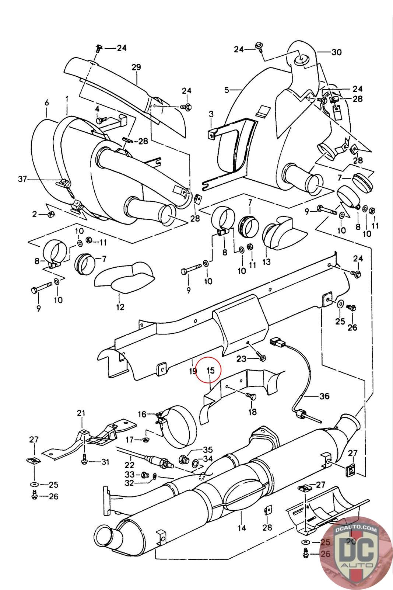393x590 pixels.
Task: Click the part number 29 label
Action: pyautogui.click(x=136, y=67)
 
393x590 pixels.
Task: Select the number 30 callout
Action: pyautogui.click(x=336, y=52)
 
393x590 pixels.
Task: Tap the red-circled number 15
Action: pyautogui.click(x=210, y=370)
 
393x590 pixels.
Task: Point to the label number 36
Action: pyautogui.click(x=324, y=396)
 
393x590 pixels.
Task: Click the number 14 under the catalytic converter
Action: pyautogui.click(x=242, y=528)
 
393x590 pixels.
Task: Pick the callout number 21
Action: pyautogui.click(x=81, y=413)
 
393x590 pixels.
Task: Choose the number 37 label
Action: pyautogui.click(x=22, y=179)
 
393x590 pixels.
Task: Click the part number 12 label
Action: pyautogui.click(x=120, y=306)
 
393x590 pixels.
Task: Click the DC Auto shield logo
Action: pyautogui.click(x=355, y=553)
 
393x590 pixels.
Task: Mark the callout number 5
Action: pyautogui.click(x=227, y=90)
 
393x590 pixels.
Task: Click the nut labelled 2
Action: pyautogui.click(x=50, y=214)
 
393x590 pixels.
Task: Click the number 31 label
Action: pyautogui.click(x=105, y=462)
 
